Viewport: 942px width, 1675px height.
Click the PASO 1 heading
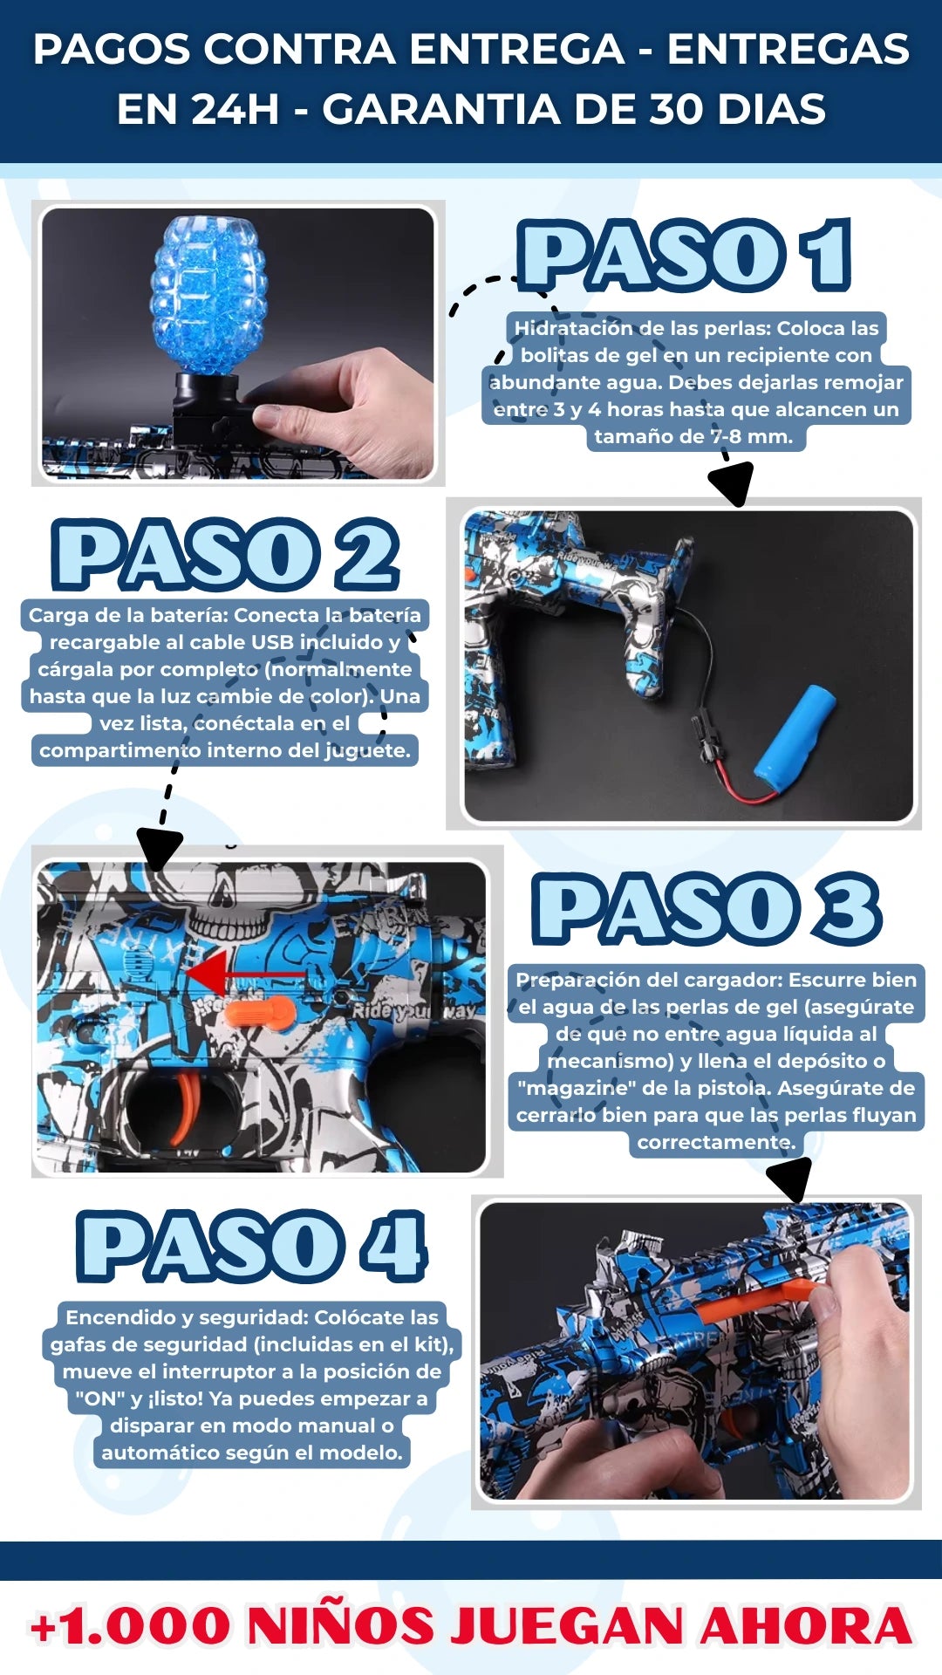(x=685, y=255)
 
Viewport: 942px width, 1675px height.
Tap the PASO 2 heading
(x=225, y=555)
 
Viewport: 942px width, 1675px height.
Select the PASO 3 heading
(x=707, y=909)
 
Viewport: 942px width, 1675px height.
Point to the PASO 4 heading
(x=251, y=1246)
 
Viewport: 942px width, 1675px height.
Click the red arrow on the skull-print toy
(x=244, y=973)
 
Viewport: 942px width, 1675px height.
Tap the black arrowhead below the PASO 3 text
(x=791, y=1179)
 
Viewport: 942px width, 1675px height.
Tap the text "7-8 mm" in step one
(x=752, y=436)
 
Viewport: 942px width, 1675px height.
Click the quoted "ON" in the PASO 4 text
(x=99, y=1398)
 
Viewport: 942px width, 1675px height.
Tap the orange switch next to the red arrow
(x=260, y=1014)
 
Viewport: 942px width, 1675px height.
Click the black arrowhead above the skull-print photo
(x=160, y=849)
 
